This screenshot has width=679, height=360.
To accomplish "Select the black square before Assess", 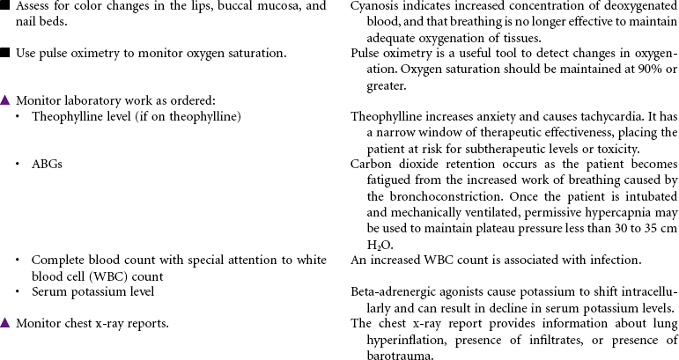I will pos(5,6).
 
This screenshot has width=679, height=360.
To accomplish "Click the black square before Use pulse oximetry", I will pos(5,53).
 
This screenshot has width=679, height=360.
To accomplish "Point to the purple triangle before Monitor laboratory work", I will pos(5,100).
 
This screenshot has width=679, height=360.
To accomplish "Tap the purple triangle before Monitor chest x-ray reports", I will pos(5,323).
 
